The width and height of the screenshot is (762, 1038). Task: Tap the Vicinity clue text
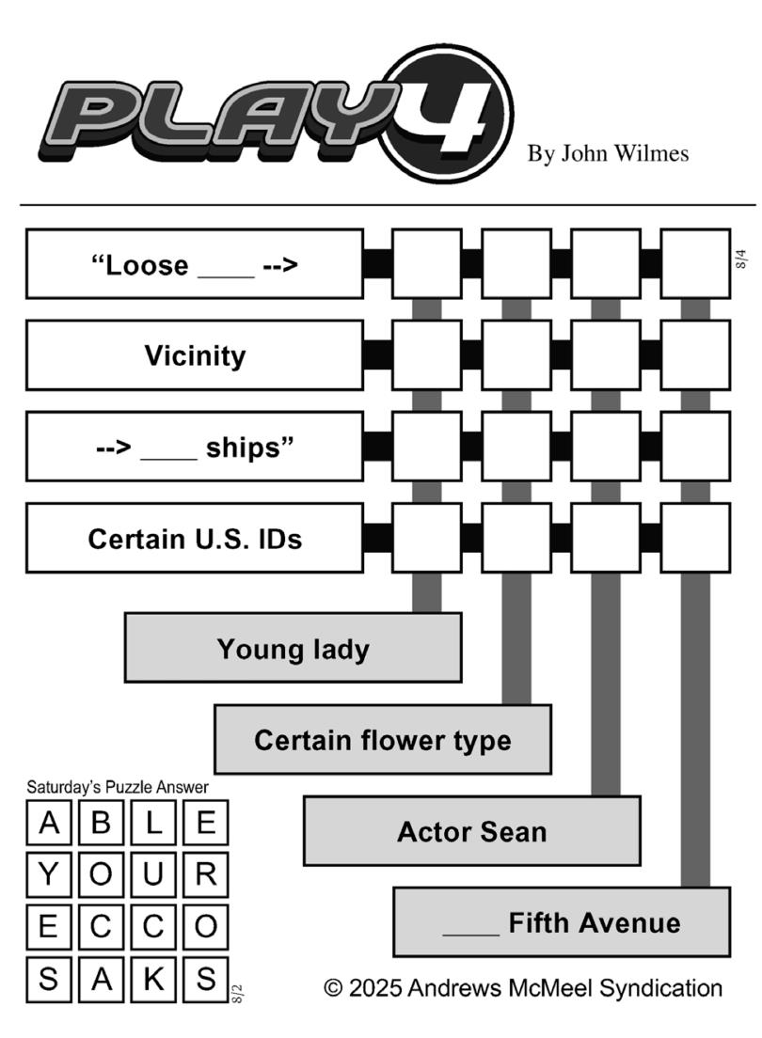(195, 356)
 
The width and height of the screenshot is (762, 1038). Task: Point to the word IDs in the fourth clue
(280, 539)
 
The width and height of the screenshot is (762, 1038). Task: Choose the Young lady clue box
(293, 648)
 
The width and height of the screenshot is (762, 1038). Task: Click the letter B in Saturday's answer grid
(101, 823)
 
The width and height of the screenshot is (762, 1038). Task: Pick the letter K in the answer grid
(153, 979)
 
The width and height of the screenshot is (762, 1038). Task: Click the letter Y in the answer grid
(48, 874)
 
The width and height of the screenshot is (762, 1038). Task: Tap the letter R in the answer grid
(205, 874)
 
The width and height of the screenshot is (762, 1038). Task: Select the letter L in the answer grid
(153, 823)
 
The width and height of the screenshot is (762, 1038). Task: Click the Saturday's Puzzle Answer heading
(118, 787)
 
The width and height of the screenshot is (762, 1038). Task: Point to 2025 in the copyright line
(374, 987)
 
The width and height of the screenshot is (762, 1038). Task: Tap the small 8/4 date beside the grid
(741, 259)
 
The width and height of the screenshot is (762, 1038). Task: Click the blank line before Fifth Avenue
(470, 934)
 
